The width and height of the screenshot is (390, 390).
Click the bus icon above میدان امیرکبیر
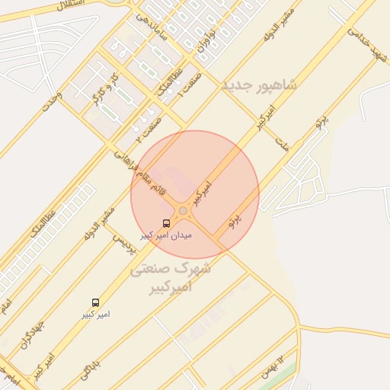click(x=167, y=223)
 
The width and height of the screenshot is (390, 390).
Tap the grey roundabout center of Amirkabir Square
click(x=183, y=210)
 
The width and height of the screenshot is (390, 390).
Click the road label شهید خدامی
click(x=368, y=46)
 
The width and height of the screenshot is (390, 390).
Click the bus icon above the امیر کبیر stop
click(x=95, y=302)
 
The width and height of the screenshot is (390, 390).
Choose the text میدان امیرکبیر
click(x=167, y=235)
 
